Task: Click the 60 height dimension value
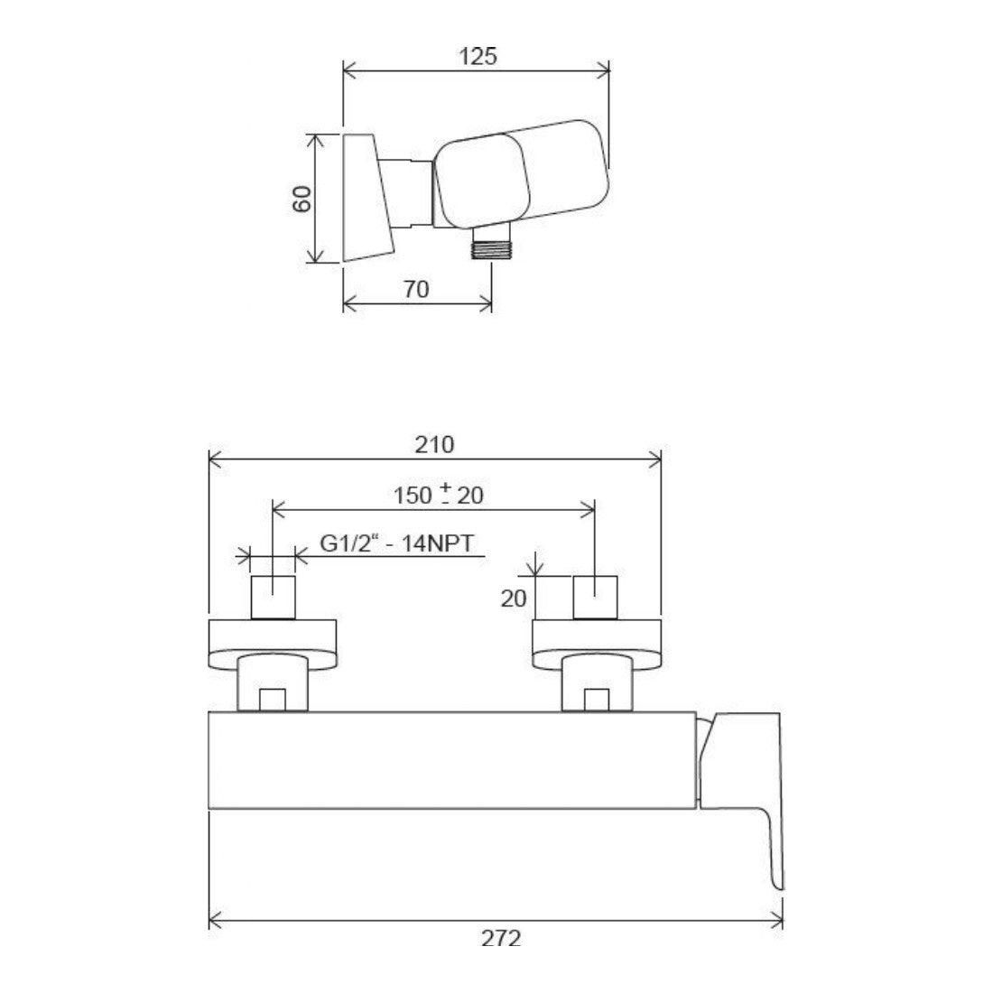point(302,199)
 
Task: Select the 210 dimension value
point(435,444)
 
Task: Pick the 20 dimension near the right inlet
point(513,599)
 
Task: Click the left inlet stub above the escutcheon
point(273,597)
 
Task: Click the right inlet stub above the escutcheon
point(596,597)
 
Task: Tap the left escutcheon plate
point(273,643)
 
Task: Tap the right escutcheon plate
point(596,643)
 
